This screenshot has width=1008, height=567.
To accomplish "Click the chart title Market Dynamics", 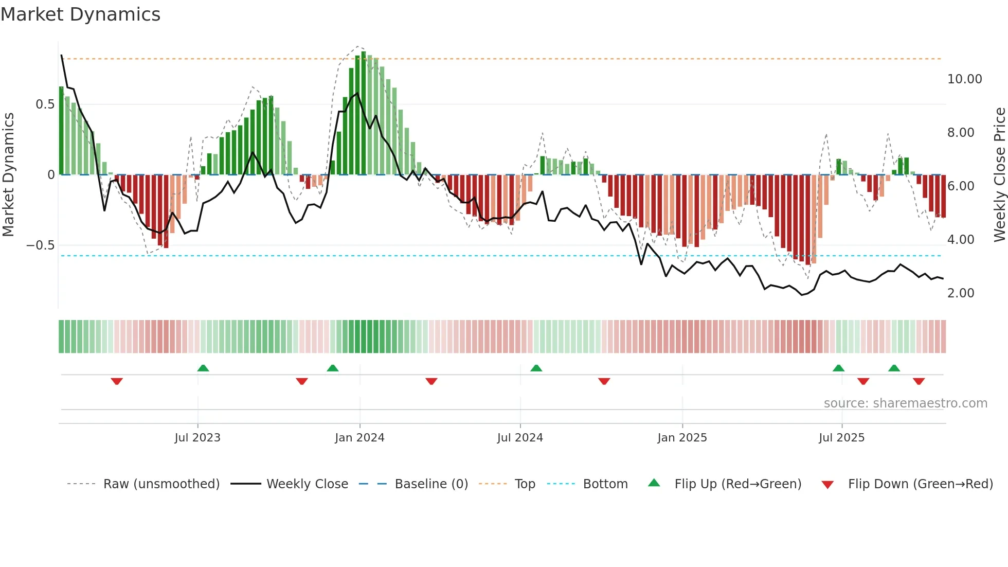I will (x=81, y=14).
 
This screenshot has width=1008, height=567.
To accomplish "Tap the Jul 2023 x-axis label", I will (x=197, y=438).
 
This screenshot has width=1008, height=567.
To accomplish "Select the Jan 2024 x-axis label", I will (x=359, y=438).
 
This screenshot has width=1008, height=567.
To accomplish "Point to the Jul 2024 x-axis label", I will (x=520, y=438).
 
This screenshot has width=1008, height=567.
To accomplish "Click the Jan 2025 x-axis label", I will (x=682, y=438).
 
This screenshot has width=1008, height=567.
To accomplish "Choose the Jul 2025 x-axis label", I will (x=841, y=438).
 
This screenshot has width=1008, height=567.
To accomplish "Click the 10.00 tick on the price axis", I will (x=964, y=79).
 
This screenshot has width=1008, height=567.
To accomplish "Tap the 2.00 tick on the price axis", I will (x=961, y=293).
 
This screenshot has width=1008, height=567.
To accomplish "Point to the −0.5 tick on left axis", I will (x=41, y=245).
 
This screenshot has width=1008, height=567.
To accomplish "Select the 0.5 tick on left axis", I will (x=45, y=104).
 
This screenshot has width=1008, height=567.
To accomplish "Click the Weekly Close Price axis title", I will (x=999, y=175).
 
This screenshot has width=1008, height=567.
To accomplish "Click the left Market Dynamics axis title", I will (x=8, y=175).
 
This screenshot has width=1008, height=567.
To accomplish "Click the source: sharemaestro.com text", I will (x=905, y=403).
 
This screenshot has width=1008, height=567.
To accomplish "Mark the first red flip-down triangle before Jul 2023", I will (x=117, y=381).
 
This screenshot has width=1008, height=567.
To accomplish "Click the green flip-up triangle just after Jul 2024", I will (x=536, y=368).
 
